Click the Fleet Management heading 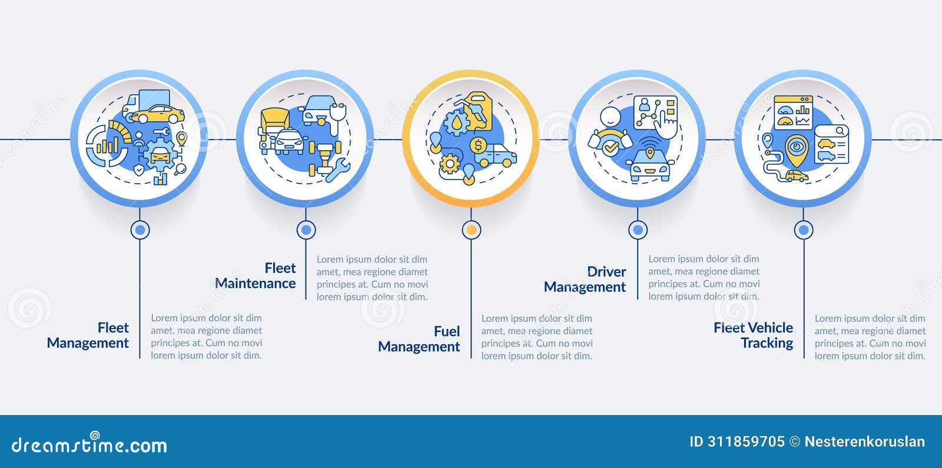tap(88, 335)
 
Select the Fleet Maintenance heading tap(256, 276)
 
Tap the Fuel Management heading tap(419, 339)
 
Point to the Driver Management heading tap(585, 279)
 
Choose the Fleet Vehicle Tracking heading tap(753, 335)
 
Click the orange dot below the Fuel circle tap(472, 230)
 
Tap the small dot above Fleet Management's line tap(140, 230)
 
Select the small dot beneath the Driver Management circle tap(638, 230)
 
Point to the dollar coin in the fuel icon tap(478, 145)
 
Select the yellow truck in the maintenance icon tap(274, 124)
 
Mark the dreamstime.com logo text tap(89, 444)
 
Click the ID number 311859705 tap(746, 442)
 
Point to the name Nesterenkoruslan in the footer tap(865, 442)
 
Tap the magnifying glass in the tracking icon tap(840, 131)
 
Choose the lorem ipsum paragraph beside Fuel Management tap(537, 337)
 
